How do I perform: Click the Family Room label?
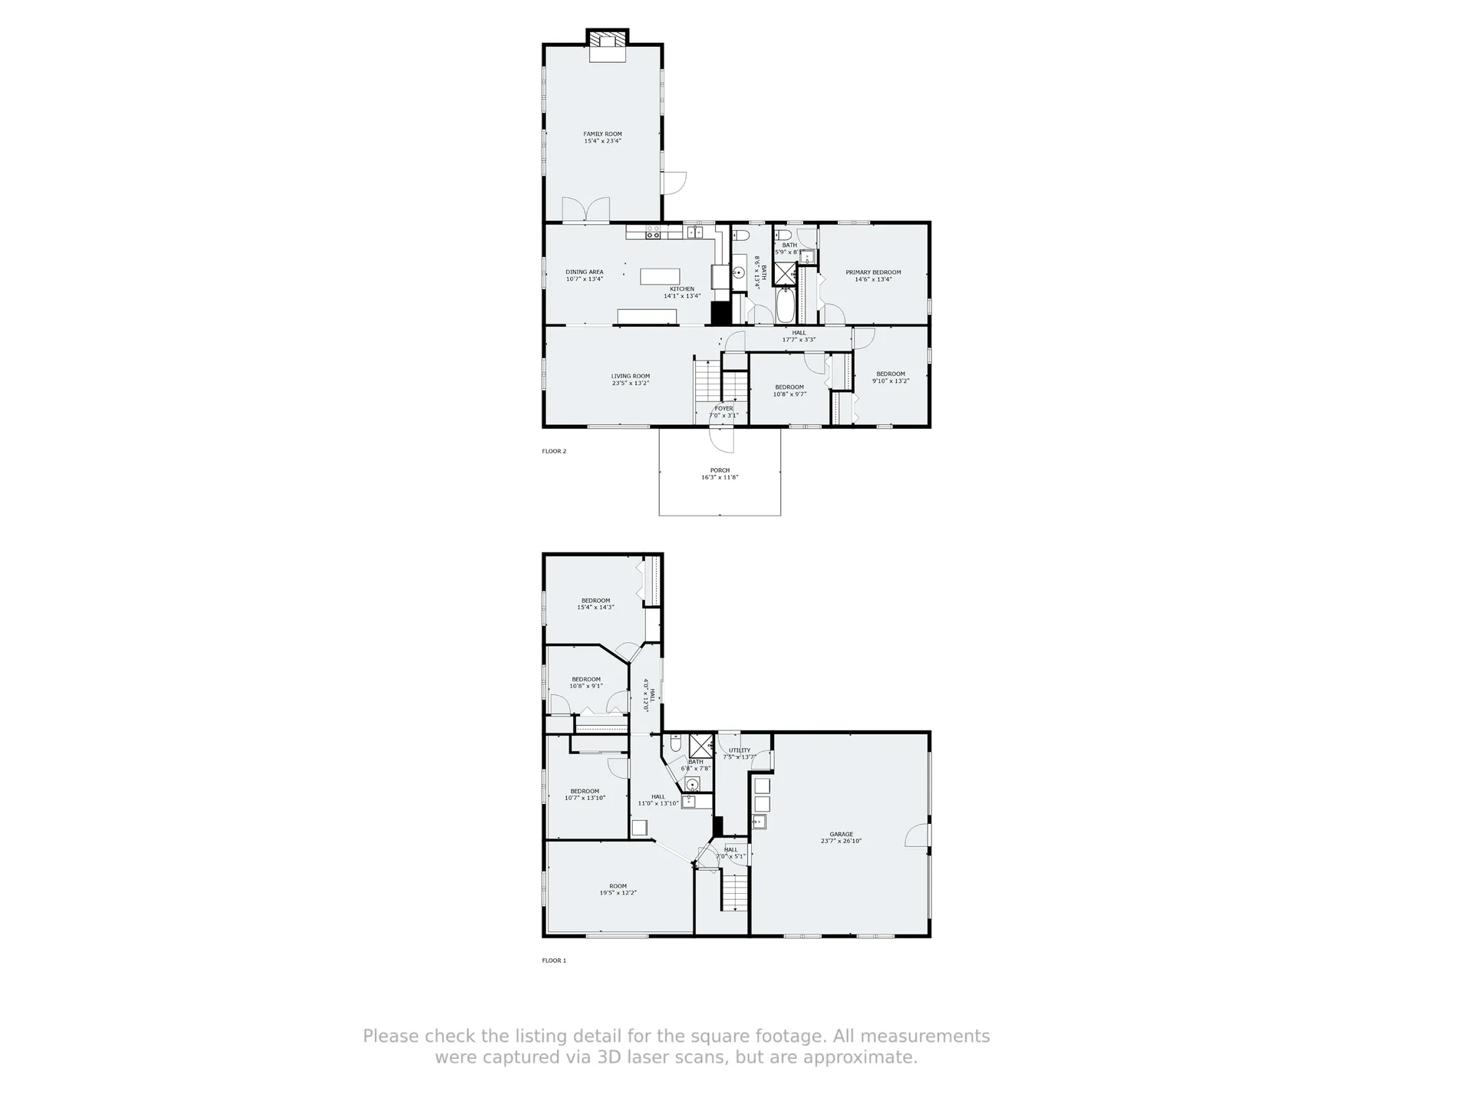point(602,134)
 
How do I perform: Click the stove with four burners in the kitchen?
point(654,232)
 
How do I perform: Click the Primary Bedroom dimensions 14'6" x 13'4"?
point(873,280)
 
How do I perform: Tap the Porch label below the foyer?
point(720,470)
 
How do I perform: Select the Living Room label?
point(631,377)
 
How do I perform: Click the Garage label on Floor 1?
point(841,834)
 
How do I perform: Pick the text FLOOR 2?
point(554,451)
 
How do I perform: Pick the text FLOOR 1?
point(554,961)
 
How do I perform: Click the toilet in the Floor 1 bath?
point(675,743)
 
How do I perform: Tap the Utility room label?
point(740,750)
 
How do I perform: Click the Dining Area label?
point(585,272)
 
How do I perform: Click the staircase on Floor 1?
point(734,891)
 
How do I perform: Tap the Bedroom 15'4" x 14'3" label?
point(595,601)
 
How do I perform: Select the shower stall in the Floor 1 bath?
point(700,745)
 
